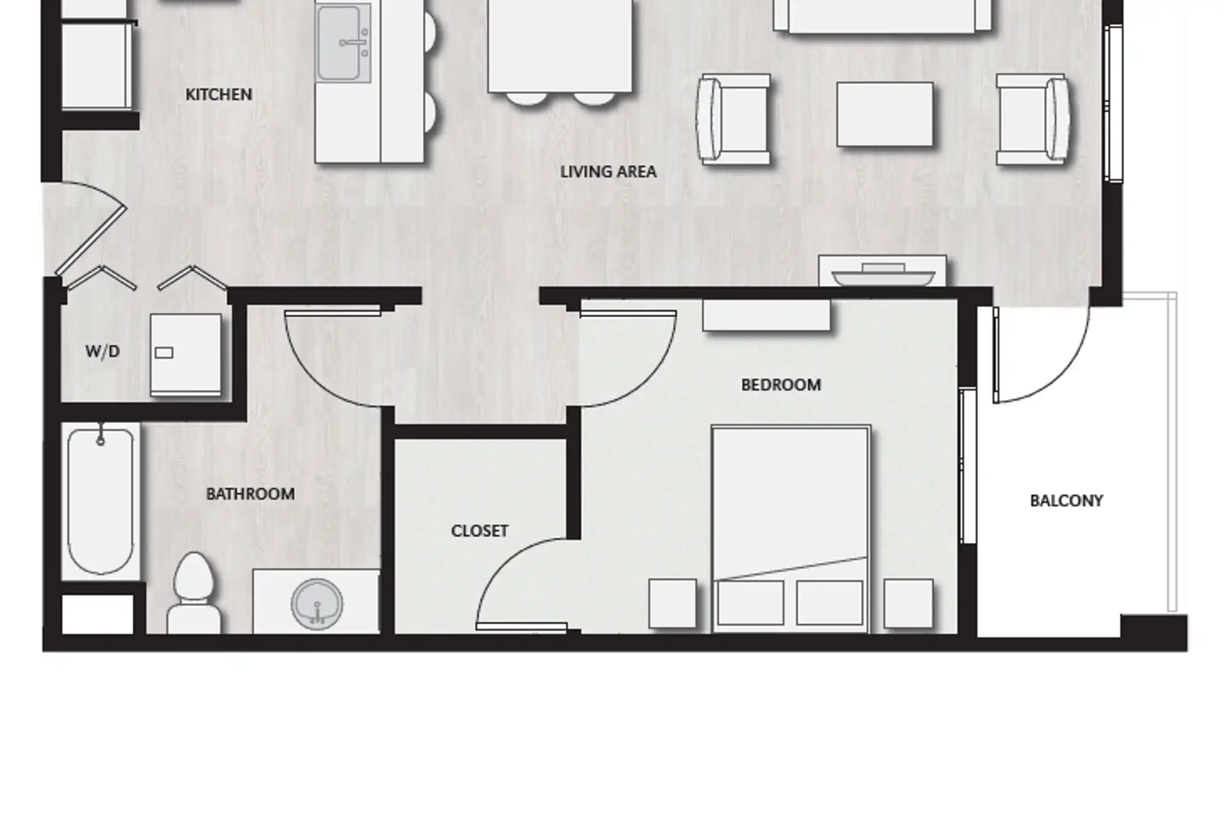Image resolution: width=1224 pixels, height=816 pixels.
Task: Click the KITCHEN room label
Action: (219, 95)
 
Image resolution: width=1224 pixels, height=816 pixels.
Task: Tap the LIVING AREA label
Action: (608, 172)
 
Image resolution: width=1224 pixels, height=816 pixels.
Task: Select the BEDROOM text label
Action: (781, 385)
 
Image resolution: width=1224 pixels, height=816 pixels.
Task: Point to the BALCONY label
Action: (1066, 501)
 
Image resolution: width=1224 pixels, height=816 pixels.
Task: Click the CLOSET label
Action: (479, 531)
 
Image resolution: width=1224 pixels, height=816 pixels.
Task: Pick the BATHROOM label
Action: (250, 494)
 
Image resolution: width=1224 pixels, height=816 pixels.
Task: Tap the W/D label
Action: (103, 351)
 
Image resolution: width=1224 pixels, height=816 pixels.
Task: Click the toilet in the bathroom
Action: (194, 593)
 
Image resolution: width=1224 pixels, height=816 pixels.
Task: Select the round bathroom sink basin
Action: (317, 603)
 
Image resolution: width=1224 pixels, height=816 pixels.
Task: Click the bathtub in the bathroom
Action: (101, 501)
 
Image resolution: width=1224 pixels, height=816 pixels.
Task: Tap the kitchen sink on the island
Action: (343, 42)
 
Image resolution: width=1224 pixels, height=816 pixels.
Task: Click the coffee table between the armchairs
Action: (885, 114)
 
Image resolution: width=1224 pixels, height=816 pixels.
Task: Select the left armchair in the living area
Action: (734, 120)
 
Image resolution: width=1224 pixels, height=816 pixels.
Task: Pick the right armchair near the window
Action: (1032, 120)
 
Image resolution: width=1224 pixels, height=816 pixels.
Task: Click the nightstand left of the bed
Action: (673, 603)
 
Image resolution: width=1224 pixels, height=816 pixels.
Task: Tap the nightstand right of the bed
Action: (908, 603)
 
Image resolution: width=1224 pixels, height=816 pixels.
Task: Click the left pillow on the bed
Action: (750, 602)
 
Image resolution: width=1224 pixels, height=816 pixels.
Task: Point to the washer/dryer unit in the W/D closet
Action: (186, 355)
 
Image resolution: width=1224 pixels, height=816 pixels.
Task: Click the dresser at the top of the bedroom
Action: (767, 315)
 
